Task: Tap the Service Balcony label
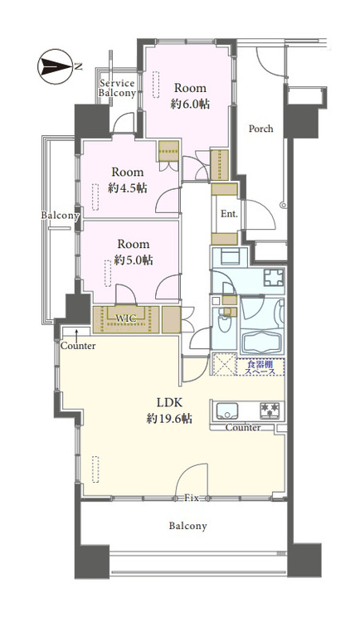[117, 89]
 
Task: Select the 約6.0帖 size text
[190, 104]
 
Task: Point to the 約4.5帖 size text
[128, 187]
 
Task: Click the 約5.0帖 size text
[134, 260]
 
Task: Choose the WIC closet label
[126, 318]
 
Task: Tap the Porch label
[260, 129]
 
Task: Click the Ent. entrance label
[229, 214]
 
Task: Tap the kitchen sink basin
[226, 411]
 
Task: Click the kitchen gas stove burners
[270, 411]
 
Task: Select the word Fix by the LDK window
[192, 498]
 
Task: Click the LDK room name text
[169, 403]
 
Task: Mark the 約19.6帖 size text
[169, 418]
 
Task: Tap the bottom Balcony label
[187, 527]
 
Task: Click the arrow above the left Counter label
[75, 333]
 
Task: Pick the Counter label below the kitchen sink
[243, 428]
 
